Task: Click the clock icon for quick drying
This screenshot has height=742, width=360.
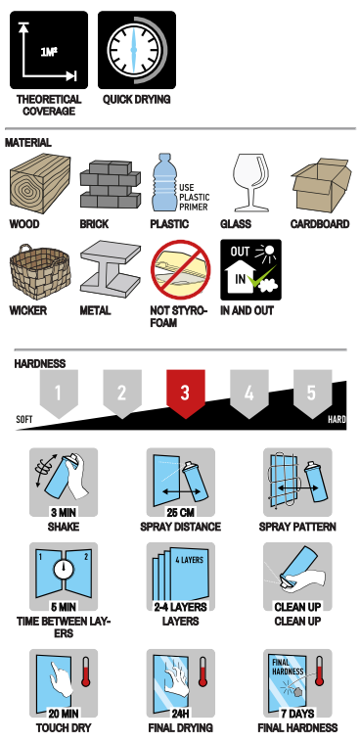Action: (137, 50)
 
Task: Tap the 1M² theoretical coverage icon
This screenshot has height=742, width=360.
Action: (49, 50)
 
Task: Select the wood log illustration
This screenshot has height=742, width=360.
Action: (40, 184)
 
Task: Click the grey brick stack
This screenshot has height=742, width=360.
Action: (111, 184)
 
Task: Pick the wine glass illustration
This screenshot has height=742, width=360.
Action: (250, 182)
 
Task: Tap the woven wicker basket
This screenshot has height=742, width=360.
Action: (40, 272)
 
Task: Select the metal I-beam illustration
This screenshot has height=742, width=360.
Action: (111, 269)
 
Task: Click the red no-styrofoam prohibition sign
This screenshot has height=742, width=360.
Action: (181, 270)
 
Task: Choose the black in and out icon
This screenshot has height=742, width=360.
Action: (250, 270)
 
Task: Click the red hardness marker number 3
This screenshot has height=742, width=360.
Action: (186, 394)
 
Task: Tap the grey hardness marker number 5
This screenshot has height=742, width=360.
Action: (312, 394)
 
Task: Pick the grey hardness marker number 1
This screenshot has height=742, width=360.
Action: (59, 394)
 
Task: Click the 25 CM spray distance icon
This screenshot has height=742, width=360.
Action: (181, 483)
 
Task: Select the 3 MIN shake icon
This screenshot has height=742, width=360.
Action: (64, 483)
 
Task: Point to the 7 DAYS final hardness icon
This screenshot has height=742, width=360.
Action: (297, 683)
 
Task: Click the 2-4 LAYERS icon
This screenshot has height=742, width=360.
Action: (181, 577)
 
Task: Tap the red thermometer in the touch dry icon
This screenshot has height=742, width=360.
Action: (86, 672)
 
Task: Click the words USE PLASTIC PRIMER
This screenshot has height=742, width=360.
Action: (194, 198)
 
